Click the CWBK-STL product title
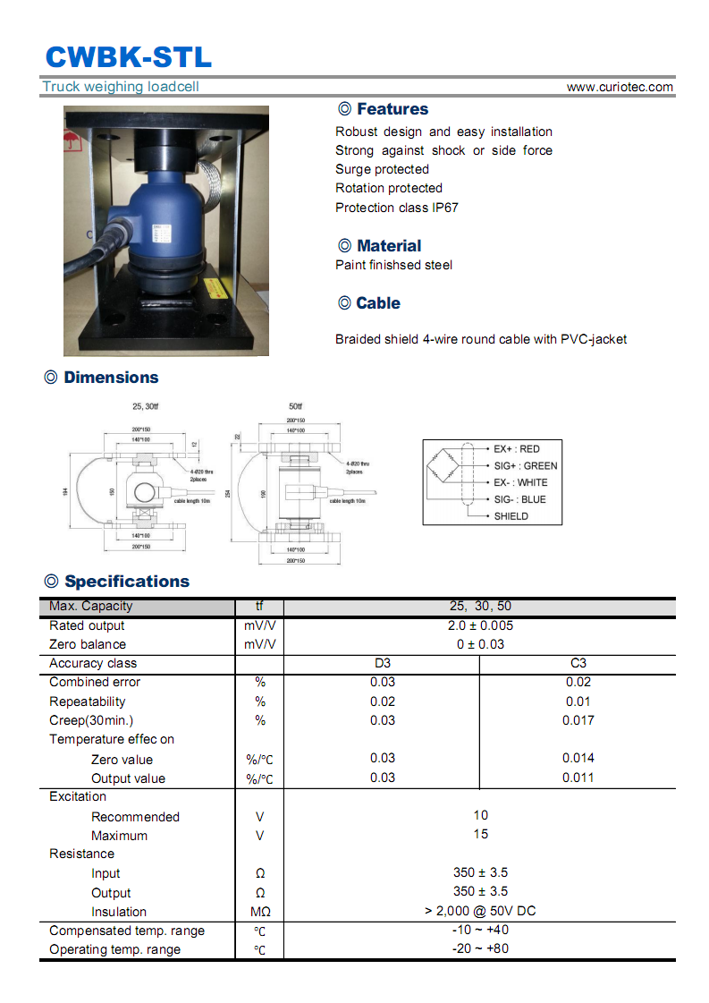tap(129, 56)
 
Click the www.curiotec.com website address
tap(620, 87)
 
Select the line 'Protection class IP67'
tap(397, 208)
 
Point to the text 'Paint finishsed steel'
tap(393, 265)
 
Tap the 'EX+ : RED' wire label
tap(517, 449)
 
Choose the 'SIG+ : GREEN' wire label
tap(526, 466)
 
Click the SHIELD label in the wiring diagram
tap(511, 516)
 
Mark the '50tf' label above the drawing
tap(296, 406)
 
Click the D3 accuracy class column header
tap(382, 663)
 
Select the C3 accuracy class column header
tap(578, 663)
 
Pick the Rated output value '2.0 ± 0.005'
tap(480, 625)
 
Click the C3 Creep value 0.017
tap(578, 720)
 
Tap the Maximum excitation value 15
tap(480, 834)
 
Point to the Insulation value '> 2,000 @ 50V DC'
tap(480, 911)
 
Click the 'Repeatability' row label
tap(88, 701)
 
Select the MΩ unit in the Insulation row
tap(259, 913)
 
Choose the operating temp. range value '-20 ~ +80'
tap(480, 948)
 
